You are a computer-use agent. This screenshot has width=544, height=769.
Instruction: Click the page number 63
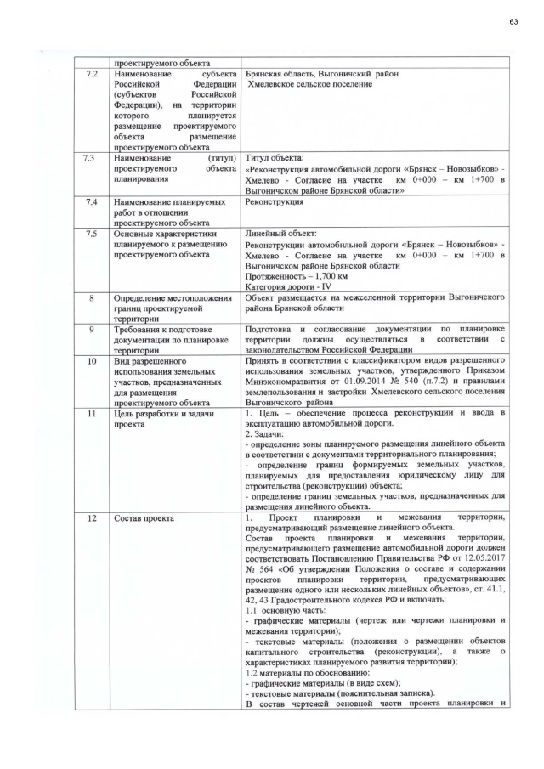[513, 20]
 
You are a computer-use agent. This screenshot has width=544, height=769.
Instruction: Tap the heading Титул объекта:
[273, 158]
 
